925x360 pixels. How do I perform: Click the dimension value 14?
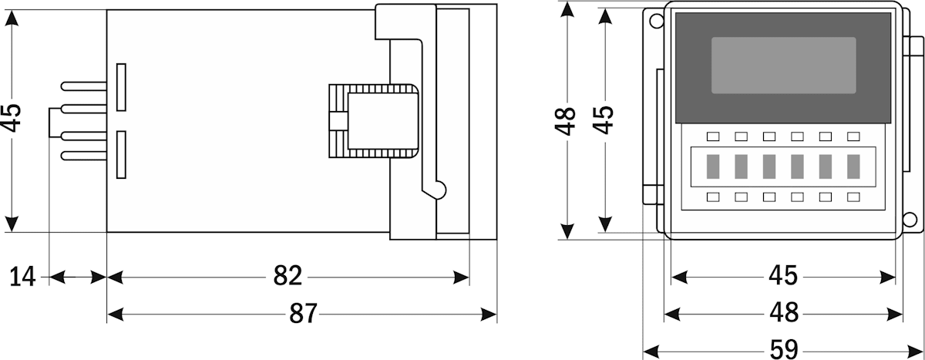point(24,276)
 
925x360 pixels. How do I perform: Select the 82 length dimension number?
point(288,276)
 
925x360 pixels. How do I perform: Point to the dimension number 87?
point(301,314)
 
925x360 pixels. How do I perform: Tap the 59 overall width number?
point(784,349)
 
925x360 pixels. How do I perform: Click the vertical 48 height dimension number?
point(567,121)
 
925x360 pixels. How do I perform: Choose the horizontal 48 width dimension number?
point(784,313)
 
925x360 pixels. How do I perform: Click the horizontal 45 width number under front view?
point(784,275)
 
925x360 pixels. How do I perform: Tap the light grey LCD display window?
point(783,66)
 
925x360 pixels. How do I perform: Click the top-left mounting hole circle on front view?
point(655,21)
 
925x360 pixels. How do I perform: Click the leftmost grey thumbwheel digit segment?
point(713,166)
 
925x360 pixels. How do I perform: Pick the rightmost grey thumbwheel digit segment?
point(853,166)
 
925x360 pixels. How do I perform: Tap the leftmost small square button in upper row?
point(713,136)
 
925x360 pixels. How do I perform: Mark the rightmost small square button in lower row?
point(853,197)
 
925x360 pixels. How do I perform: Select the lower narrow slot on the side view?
point(121,154)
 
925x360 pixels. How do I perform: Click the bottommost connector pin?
point(83,156)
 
